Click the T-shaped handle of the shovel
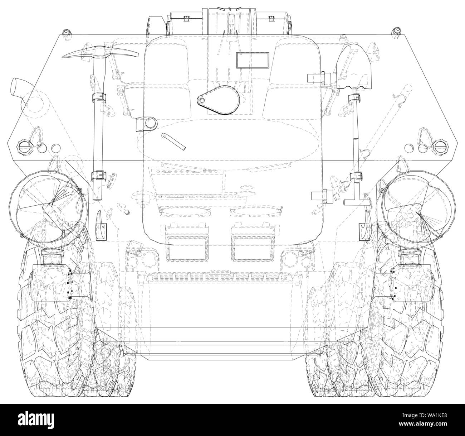click(356, 202)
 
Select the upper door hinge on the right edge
click(318, 77)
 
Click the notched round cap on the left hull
click(24, 147)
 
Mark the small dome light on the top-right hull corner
click(396, 31)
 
